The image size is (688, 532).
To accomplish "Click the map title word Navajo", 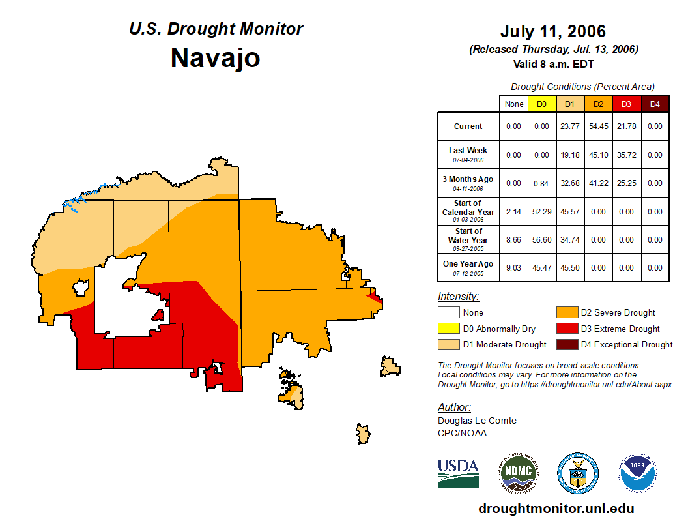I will [215, 58].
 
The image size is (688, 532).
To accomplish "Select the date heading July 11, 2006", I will [552, 31].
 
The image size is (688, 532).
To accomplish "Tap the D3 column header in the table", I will [626, 104].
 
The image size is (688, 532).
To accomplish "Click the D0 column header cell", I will [541, 104].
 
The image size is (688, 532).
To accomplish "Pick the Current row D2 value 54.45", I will [598, 126].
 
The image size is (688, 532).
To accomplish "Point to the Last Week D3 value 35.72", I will [626, 155].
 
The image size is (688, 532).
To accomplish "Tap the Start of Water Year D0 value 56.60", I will [541, 239].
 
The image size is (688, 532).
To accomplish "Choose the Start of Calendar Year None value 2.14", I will [514, 211].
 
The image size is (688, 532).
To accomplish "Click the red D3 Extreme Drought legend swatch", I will [566, 329].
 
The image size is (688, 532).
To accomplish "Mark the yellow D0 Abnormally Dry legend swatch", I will [448, 329].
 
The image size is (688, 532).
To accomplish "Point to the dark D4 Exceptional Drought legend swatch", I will [566, 344].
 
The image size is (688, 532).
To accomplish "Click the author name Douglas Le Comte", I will [477, 421].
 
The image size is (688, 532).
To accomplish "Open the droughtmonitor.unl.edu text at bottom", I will [556, 509].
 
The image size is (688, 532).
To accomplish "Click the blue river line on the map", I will [85, 194].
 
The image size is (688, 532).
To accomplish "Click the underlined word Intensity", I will [458, 296].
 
